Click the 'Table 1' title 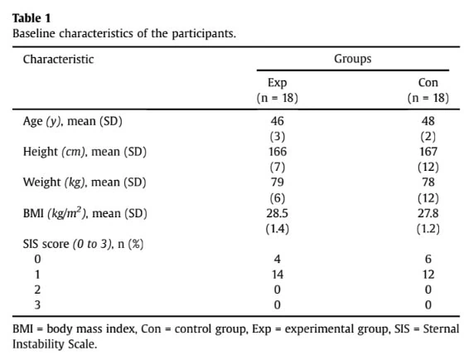31,18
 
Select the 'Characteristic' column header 58,59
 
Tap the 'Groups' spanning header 353,59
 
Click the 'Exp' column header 278,83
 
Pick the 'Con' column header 428,83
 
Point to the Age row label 73,121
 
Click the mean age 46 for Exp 278,121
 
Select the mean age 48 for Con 428,121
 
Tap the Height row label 85,152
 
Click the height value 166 278,152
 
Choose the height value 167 428,152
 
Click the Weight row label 85,182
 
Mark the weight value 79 278,182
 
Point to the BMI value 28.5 278,213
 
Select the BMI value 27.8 428,213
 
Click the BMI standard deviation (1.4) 278,229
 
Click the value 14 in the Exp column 278,275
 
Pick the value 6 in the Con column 428,259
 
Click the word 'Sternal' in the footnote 441,328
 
